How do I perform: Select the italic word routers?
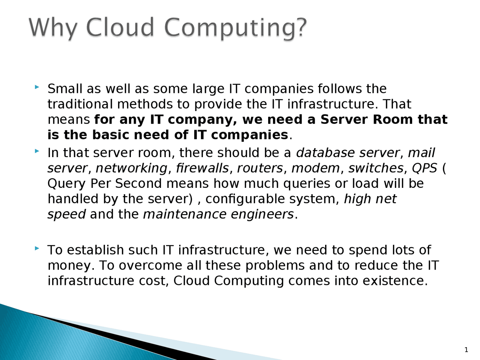point(259,168)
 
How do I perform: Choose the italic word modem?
point(315,168)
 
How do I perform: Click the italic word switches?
point(376,168)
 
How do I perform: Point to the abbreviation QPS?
point(424,168)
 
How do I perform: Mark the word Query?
point(67,184)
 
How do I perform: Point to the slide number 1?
point(466,350)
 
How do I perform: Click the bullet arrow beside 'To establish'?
point(36,248)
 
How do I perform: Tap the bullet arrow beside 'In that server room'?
point(36,151)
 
